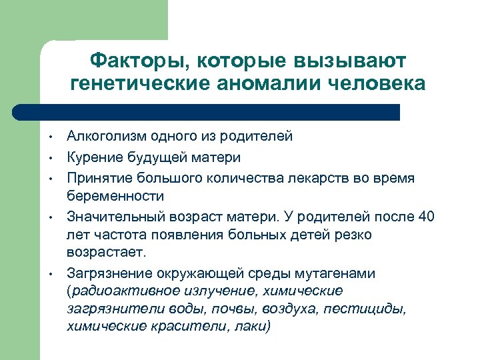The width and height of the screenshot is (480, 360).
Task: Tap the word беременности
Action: click(x=115, y=196)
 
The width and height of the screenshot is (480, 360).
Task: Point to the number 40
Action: click(x=425, y=217)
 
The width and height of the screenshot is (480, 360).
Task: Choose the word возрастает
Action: click(x=109, y=253)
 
